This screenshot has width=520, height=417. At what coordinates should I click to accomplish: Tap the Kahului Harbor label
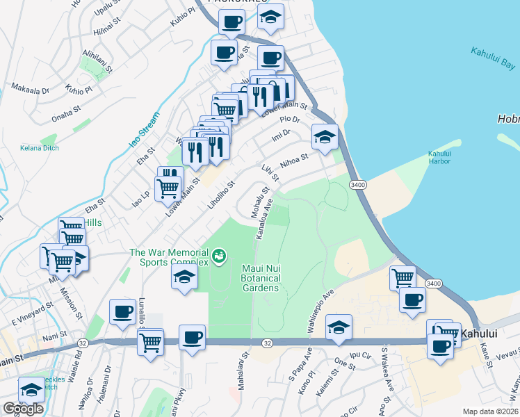tap(439, 157)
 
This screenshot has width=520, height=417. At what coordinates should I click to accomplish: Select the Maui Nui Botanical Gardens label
tap(261, 278)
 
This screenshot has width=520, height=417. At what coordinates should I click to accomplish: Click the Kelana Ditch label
tap(40, 148)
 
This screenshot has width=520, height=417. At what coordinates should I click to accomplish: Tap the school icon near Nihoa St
tap(324, 138)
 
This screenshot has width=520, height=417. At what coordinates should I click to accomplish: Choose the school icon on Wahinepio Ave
tap(339, 328)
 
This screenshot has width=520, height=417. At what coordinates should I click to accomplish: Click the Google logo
tap(22, 408)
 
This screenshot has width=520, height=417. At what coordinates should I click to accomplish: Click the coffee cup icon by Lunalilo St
tap(122, 313)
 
